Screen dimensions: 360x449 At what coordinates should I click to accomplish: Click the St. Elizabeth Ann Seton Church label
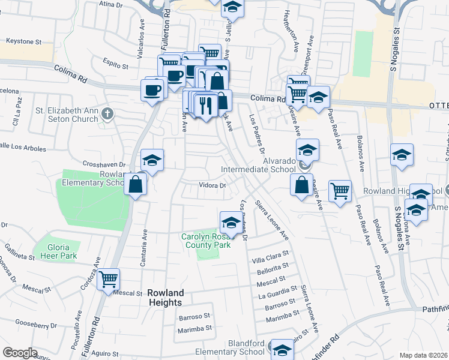click(x=66, y=115)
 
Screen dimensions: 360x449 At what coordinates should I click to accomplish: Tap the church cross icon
click(x=107, y=113)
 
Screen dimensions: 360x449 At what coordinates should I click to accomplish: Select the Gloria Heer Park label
click(x=64, y=251)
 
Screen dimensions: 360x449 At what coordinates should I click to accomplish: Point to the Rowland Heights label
click(x=166, y=298)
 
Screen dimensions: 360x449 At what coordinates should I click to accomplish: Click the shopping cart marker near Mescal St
click(x=108, y=279)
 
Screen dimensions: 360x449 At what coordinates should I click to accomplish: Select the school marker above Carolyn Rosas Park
click(x=231, y=223)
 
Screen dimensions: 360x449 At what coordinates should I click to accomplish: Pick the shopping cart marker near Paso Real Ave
click(x=340, y=191)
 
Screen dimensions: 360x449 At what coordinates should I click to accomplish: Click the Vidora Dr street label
click(x=212, y=185)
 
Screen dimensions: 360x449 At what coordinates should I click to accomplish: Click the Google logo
click(x=20, y=353)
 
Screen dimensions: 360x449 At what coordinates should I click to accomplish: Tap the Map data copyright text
click(x=423, y=355)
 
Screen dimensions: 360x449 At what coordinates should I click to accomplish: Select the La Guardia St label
click(x=277, y=296)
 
